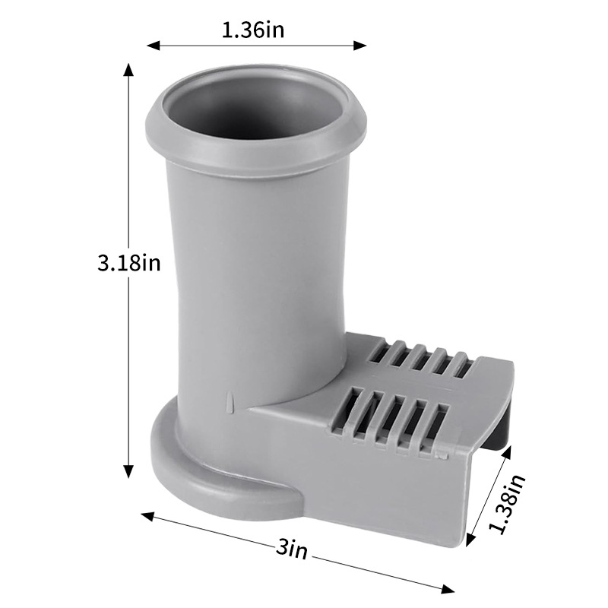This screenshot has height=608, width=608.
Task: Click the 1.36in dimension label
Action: coord(253,30)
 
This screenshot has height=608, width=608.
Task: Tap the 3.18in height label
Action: coord(128,263)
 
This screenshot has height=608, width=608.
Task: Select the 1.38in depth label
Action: coord(507,503)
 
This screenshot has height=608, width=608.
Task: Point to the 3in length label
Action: coord(292,549)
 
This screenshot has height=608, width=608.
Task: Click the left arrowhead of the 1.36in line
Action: coord(153,46)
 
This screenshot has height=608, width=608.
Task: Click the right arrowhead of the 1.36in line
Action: coord(360,46)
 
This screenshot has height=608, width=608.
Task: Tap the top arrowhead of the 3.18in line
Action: coord(128,69)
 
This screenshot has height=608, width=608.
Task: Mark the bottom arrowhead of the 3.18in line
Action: coord(128,472)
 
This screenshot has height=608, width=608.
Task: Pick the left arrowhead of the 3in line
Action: coord(147,516)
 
